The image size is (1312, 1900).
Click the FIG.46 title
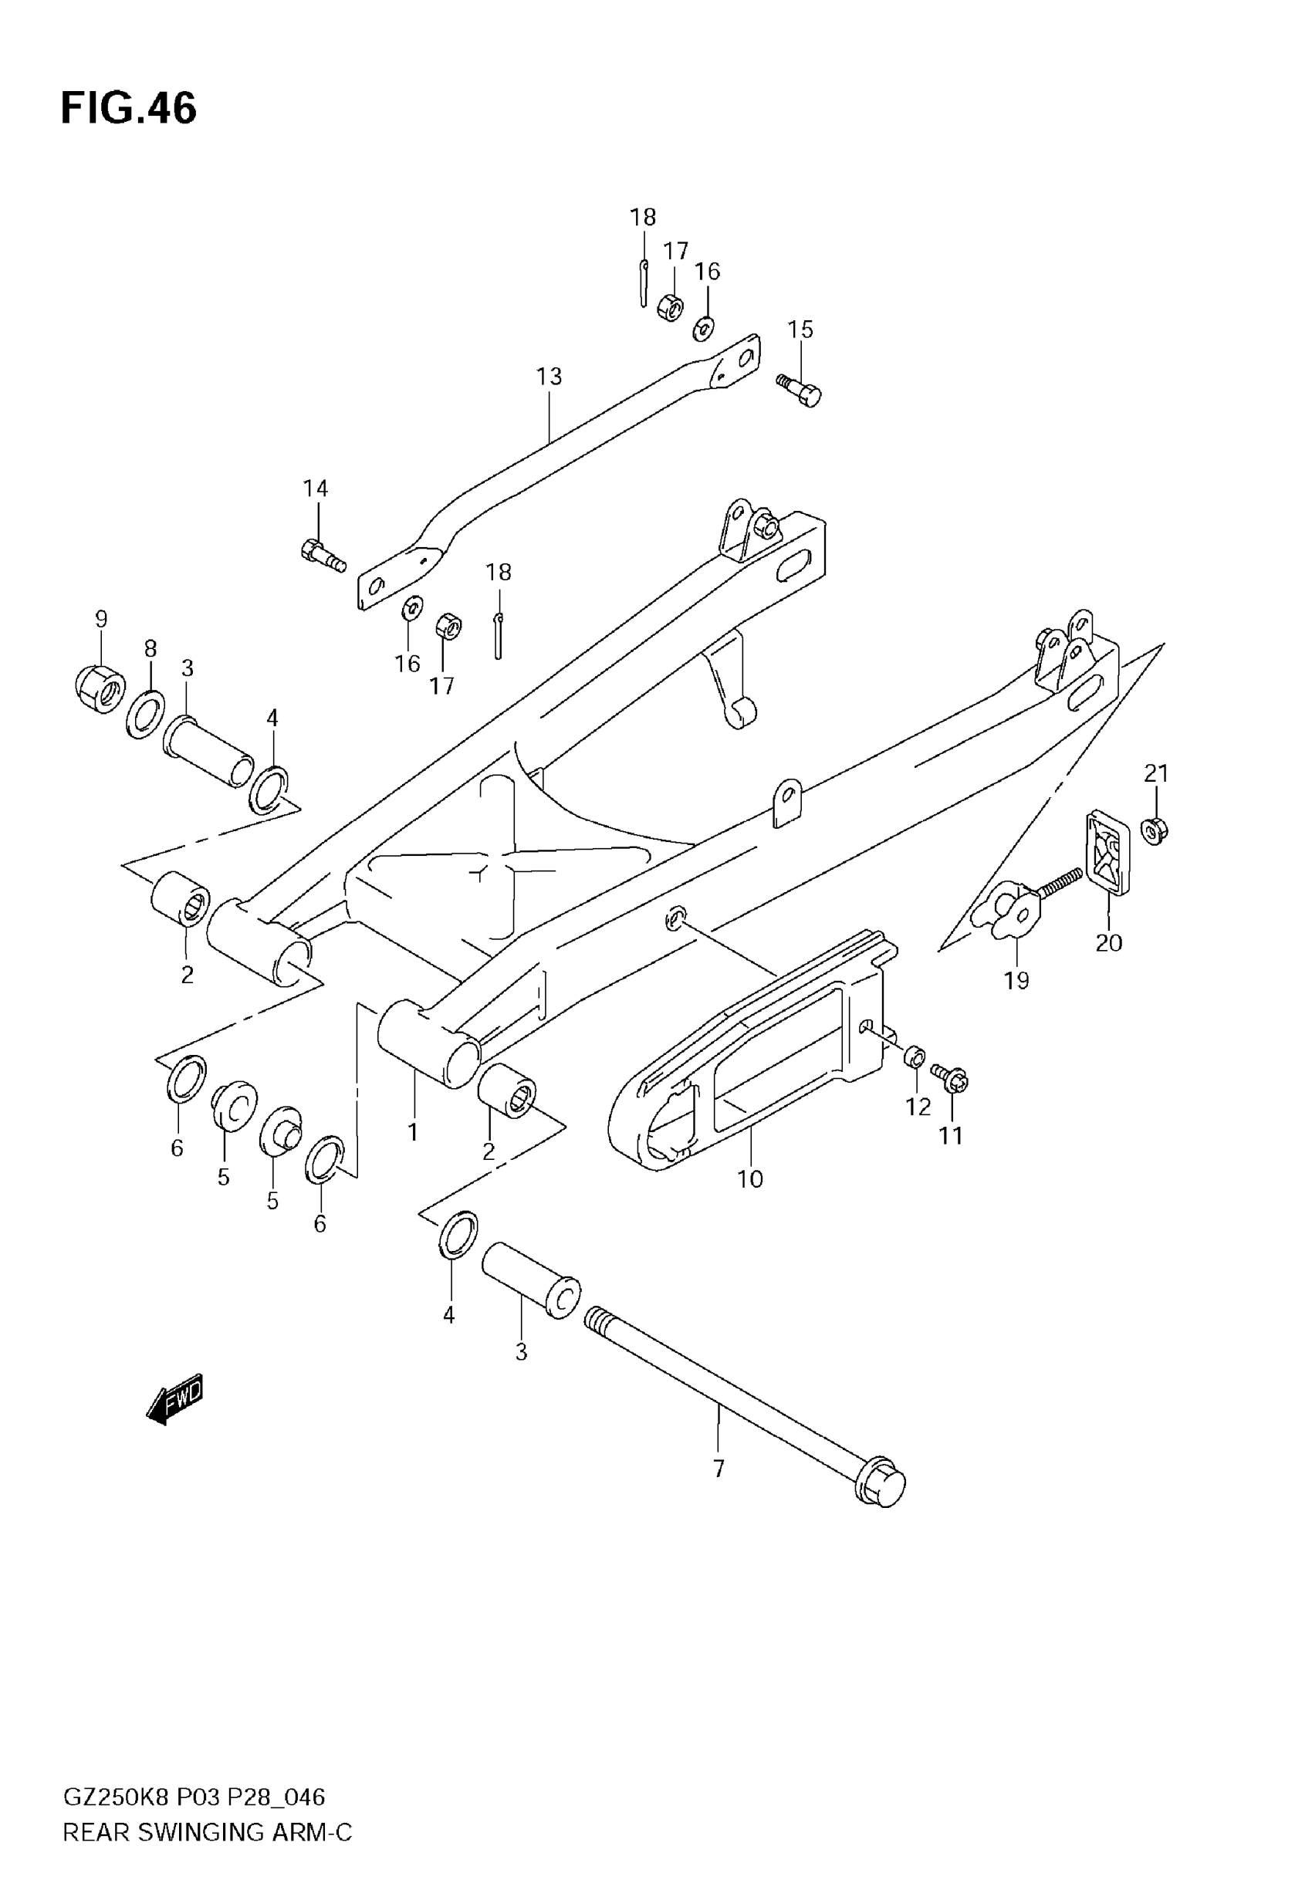point(129,109)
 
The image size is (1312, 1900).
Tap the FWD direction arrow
point(175,1398)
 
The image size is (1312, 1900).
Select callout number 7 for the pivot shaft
point(719,1468)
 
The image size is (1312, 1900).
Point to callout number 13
point(549,377)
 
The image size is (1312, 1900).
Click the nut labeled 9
point(100,689)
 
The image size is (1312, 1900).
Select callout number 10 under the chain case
point(749,1179)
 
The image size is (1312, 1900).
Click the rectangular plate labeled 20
point(1108,850)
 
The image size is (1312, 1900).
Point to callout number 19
point(1017,979)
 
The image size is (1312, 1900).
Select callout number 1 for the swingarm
point(413,1131)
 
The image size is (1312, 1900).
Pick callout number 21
point(1156,773)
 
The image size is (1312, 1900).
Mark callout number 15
point(800,330)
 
